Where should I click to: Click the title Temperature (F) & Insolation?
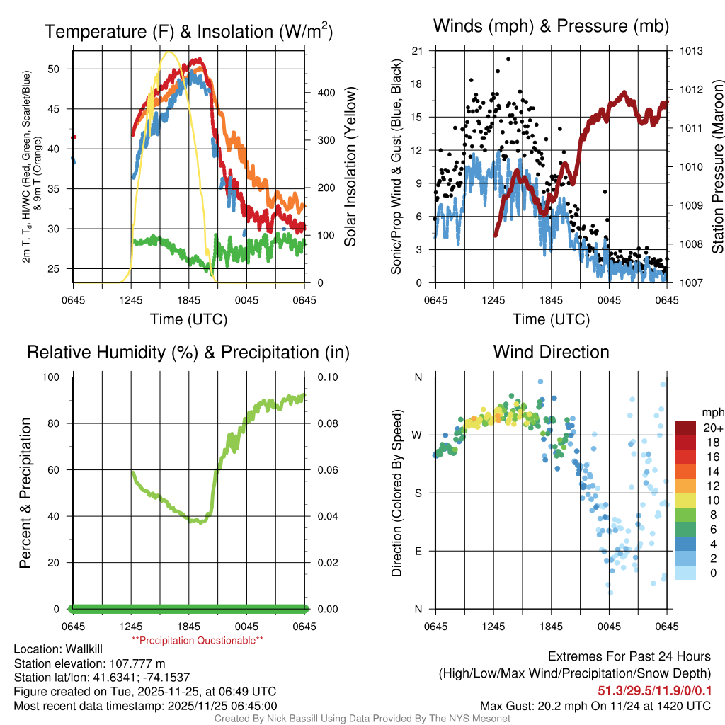click(188, 31)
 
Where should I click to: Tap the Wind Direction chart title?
click(551, 352)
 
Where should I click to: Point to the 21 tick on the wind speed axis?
click(417, 51)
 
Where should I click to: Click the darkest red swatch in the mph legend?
click(685, 428)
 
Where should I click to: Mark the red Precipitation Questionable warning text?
click(198, 640)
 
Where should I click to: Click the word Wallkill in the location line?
click(87, 649)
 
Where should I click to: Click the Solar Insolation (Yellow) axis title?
click(350, 166)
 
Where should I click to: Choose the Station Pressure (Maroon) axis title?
click(717, 166)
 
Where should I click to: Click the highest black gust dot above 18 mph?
click(508, 59)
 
